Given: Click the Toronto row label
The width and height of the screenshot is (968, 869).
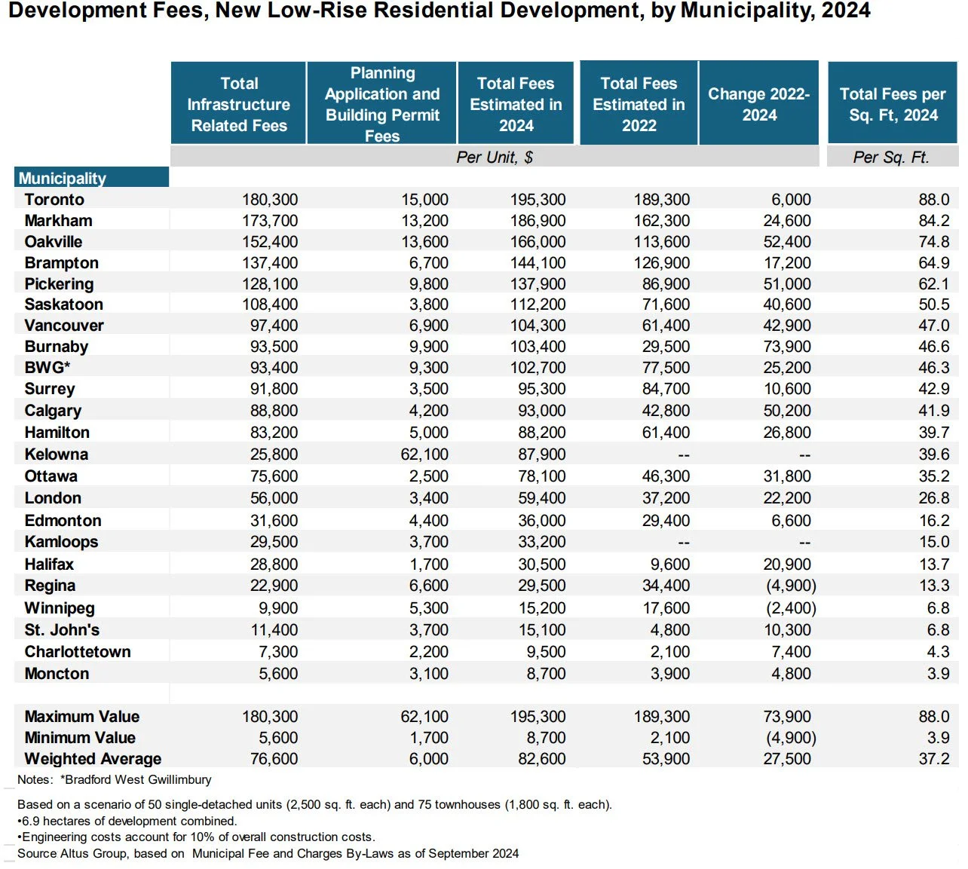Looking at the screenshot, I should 54,200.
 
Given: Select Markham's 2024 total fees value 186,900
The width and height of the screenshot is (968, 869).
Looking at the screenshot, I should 538,221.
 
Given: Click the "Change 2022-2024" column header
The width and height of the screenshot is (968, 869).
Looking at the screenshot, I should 758,104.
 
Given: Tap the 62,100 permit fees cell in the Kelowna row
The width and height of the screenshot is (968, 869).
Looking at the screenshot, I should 424,454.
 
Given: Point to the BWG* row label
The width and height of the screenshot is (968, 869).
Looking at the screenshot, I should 47,368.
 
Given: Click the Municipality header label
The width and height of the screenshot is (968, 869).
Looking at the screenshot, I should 63,179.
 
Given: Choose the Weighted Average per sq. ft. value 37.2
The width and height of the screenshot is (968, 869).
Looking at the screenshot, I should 933,759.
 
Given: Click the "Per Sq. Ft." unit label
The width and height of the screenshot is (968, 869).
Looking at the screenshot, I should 891,158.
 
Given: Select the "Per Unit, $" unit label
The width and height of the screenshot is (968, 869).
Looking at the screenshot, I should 495,158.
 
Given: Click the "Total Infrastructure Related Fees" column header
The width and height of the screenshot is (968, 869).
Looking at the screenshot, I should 239,104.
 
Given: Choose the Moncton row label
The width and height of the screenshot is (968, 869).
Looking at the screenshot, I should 57,674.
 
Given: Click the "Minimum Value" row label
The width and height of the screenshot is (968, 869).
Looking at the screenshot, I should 80,738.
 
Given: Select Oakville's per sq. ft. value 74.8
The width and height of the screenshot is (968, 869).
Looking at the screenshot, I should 933,242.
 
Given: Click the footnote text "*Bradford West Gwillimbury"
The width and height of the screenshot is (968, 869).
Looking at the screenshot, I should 136,779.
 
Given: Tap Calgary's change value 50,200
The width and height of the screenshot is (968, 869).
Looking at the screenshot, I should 787,411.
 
